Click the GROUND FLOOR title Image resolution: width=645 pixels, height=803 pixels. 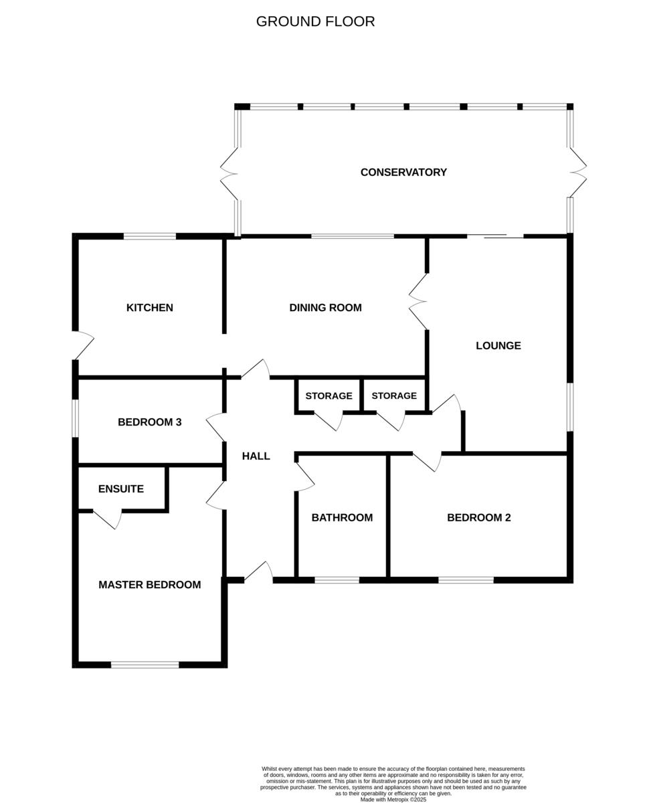(315, 21)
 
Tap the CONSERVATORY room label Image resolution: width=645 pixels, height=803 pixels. (403, 172)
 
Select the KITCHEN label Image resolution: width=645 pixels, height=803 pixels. (150, 308)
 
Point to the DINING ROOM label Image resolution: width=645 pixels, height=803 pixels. (325, 308)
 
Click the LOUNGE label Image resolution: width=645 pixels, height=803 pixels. (498, 345)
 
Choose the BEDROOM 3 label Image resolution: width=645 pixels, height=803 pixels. (150, 422)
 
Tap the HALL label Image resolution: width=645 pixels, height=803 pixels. (256, 456)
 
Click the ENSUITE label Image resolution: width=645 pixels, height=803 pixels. (121, 489)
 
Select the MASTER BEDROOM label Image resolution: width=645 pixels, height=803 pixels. (150, 585)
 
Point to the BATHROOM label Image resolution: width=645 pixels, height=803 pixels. (342, 517)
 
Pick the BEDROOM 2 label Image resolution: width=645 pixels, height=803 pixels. (479, 517)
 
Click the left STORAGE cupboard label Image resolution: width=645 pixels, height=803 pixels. (329, 396)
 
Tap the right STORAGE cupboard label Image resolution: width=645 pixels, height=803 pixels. (394, 396)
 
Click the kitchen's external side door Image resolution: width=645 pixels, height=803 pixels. (82, 346)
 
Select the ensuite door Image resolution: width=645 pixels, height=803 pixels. (108, 519)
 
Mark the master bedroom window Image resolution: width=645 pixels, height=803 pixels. (145, 664)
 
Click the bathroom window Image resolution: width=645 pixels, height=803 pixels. (337, 579)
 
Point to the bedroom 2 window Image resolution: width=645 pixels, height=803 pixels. (466, 579)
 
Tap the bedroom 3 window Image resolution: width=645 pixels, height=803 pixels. (76, 418)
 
